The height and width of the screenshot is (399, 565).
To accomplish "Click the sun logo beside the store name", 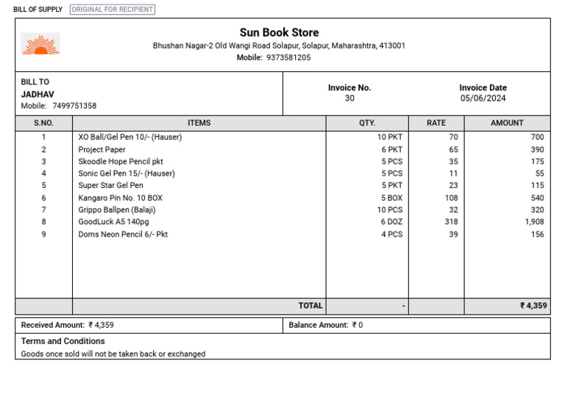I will (40, 45).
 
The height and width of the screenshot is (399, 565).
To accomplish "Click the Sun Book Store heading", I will (279, 32).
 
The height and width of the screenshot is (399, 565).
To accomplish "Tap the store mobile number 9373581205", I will (288, 57).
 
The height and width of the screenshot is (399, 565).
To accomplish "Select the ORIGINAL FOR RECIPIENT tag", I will (113, 10).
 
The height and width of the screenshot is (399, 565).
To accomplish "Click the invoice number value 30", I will (349, 98).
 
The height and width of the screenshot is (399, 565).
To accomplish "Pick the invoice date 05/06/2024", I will (483, 98).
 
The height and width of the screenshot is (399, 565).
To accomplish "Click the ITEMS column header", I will (199, 123).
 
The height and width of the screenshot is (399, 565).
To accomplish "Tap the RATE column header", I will (436, 123).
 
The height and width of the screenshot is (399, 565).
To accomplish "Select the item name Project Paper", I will (102, 149).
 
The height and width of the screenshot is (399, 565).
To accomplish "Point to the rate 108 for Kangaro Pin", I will (451, 198).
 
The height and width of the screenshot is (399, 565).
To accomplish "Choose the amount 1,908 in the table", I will (534, 222).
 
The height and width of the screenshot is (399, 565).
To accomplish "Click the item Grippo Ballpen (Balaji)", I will (118, 209).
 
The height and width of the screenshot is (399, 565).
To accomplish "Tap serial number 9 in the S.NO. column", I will (43, 234).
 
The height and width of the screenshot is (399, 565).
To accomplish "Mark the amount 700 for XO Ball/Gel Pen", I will (537, 137).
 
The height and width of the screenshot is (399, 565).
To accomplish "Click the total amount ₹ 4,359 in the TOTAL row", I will (533, 306).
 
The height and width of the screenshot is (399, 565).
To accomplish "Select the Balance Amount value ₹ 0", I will (358, 325).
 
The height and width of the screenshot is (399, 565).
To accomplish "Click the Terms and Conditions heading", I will (63, 341).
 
